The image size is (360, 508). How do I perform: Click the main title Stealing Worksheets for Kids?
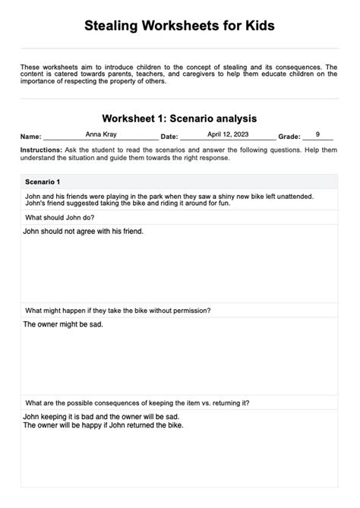(x=179, y=27)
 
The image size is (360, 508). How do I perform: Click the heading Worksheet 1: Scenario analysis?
(x=179, y=118)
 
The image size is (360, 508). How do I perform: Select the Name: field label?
(x=31, y=137)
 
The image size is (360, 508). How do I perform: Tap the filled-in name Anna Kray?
(x=101, y=134)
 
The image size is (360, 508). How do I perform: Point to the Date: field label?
(x=169, y=137)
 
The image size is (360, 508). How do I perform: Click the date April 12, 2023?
(x=228, y=134)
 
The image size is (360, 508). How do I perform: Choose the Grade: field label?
(x=289, y=137)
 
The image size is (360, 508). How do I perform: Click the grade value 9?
(x=317, y=134)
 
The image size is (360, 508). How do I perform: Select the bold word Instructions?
(x=42, y=151)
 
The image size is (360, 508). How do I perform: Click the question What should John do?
(x=60, y=217)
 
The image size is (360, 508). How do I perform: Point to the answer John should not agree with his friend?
(x=84, y=231)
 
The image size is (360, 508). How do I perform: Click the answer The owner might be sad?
(x=63, y=324)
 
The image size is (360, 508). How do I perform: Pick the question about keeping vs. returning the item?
(x=137, y=402)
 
